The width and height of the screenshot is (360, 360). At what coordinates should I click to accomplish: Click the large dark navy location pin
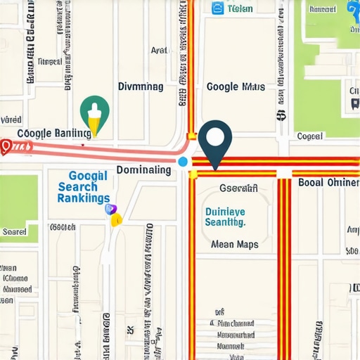(215, 141)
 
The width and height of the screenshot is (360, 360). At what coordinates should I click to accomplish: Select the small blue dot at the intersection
(184, 162)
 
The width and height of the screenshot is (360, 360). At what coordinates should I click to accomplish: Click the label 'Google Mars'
(236, 87)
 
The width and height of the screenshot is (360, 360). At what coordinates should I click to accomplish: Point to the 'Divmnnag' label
(140, 86)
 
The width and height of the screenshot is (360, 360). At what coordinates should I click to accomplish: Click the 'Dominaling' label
(143, 170)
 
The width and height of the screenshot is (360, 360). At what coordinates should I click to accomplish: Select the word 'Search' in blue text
(78, 187)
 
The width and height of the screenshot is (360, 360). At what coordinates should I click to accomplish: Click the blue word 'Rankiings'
(83, 198)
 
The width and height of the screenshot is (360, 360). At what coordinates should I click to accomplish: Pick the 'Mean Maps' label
(235, 245)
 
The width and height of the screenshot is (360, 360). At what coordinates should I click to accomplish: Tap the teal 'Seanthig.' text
(224, 221)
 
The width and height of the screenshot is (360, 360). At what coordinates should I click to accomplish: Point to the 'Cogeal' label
(309, 136)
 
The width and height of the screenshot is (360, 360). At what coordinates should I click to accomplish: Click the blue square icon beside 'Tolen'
(217, 8)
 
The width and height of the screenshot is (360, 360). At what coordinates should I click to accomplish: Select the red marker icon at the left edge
(7, 146)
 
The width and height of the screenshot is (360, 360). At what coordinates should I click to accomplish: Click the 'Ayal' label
(160, 51)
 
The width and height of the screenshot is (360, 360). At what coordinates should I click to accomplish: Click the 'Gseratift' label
(238, 188)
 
